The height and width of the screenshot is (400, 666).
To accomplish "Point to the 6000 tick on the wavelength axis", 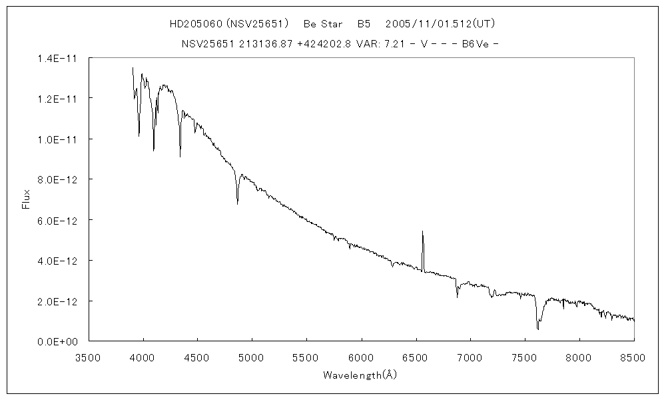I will tap(361, 357).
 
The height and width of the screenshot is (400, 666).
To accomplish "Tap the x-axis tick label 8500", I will tap(633, 357).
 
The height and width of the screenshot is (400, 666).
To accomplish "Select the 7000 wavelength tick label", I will tap(470, 357).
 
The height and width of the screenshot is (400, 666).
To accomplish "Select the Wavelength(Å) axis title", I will tap(360, 375).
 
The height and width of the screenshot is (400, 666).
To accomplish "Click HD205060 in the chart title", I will tap(196, 24).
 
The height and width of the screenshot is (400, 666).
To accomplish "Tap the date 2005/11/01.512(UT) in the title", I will tap(440, 24).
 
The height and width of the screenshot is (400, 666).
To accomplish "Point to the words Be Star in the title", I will tap(324, 24).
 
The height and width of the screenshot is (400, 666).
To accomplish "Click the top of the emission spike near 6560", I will tap(422, 231).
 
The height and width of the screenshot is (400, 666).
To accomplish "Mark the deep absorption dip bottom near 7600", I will tap(537, 329).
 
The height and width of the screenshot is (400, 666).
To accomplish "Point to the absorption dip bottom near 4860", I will tap(237, 203).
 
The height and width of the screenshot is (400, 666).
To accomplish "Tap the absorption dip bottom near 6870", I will tap(457, 297).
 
